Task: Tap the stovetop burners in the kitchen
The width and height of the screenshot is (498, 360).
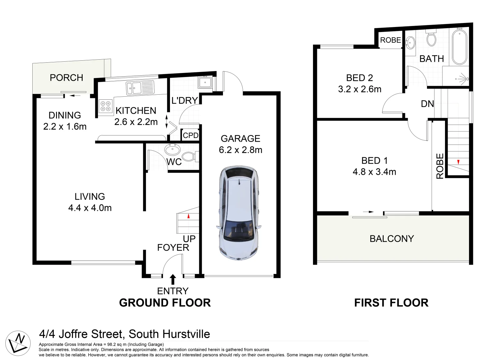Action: point(106,106)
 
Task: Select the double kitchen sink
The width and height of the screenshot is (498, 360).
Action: point(140,88)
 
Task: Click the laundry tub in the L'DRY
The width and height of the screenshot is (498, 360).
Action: point(205,82)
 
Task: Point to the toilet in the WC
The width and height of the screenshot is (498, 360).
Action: point(189,156)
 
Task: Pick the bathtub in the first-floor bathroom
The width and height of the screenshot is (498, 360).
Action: point(460,47)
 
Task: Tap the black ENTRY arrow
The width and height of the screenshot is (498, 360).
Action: point(173,279)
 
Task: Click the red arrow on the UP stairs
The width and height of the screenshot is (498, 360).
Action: point(188,216)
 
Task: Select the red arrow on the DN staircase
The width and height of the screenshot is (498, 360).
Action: point(458,162)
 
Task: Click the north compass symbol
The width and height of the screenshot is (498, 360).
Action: point(18,342)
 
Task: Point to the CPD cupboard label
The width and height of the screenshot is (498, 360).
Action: point(190,135)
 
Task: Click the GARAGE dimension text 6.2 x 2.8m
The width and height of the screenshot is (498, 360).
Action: point(240,150)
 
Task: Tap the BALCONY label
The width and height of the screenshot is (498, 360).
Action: point(392,239)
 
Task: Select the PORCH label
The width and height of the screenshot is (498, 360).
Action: point(66,78)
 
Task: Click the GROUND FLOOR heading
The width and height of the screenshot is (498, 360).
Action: point(165,303)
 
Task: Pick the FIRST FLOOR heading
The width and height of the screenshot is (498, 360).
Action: point(391,303)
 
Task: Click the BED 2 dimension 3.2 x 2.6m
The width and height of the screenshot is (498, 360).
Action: point(359,89)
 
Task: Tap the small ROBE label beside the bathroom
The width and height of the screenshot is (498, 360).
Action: point(390,40)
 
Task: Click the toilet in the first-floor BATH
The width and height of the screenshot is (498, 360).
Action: point(431,38)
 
